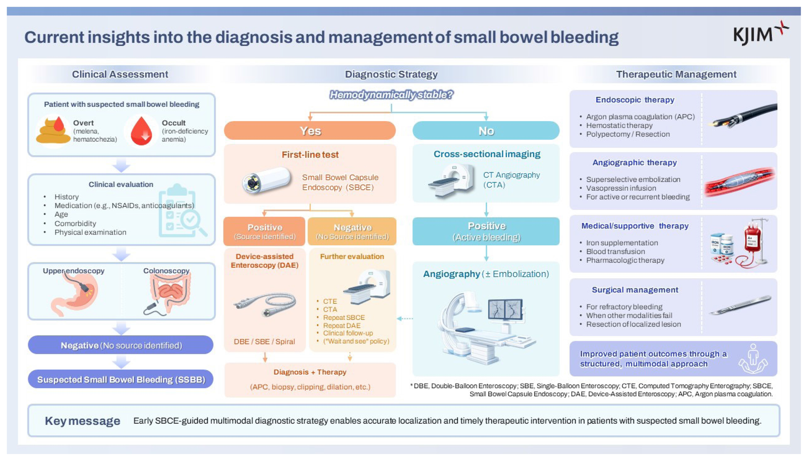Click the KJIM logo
tap(760, 33)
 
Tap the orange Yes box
tap(310, 130)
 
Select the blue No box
tap(486, 130)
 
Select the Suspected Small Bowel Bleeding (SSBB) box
tap(121, 379)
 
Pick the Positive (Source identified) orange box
tap(264, 231)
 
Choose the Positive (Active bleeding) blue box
tap(486, 231)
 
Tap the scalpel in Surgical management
tap(740, 305)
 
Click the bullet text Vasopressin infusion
tap(621, 188)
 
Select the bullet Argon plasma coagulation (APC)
tap(640, 117)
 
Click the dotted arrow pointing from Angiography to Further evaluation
tap(405, 318)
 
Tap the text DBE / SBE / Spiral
tap(264, 341)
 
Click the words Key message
tap(83, 421)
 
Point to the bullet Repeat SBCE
tap(344, 317)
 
